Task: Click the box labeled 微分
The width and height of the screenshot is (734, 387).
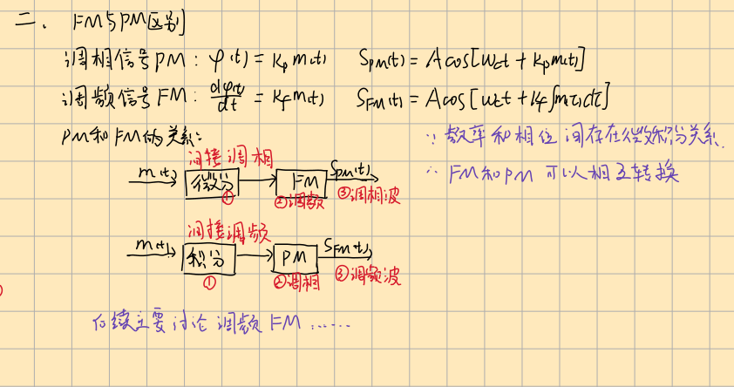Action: tap(211, 183)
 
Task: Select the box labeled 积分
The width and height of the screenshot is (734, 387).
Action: tap(208, 259)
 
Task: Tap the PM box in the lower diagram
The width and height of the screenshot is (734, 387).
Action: tap(298, 259)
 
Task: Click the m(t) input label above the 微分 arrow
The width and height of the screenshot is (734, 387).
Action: tap(158, 173)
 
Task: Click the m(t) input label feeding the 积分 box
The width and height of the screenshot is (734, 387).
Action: tap(155, 248)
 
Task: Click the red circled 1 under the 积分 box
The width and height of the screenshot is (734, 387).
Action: tap(209, 281)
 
